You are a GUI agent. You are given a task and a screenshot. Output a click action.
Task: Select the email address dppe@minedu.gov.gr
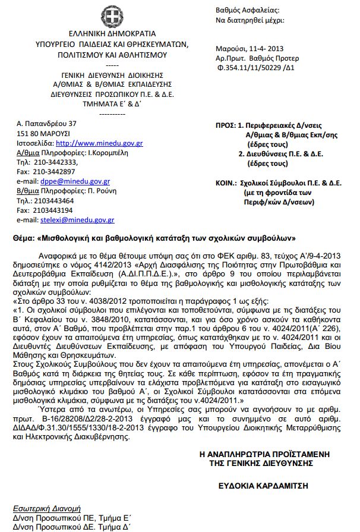point(76,181)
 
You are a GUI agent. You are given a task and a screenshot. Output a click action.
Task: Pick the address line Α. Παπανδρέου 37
point(44,123)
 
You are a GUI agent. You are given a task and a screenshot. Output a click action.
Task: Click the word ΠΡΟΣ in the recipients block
point(225,127)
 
